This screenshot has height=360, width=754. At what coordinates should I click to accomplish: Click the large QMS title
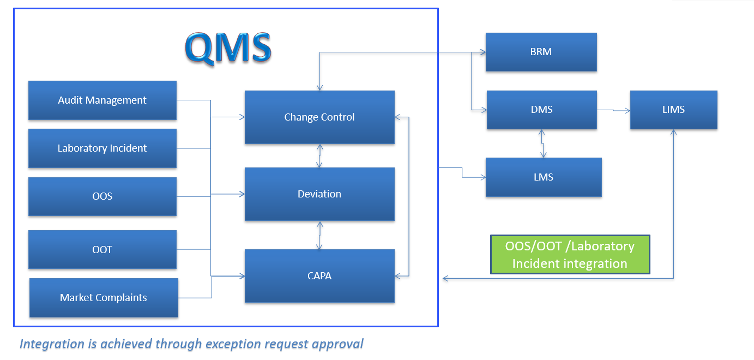point(228,47)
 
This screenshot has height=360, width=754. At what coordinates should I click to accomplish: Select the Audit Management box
point(102,100)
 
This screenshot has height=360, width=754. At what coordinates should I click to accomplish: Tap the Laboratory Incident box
point(102,148)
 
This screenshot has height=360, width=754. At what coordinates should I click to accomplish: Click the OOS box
point(102,196)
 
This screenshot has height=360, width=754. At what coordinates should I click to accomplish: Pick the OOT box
point(102,250)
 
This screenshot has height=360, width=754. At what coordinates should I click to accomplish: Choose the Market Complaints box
point(104,298)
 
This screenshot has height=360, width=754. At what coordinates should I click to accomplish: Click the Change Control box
point(319,117)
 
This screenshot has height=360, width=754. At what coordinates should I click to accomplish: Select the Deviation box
point(319,194)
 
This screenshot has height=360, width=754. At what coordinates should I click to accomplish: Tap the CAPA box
point(319,276)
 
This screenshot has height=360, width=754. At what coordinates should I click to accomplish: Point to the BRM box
point(541,52)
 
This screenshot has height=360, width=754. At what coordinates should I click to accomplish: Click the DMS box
point(541,110)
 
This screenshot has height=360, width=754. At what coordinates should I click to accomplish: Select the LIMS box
point(673,110)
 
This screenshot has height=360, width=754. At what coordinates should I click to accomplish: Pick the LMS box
point(544,177)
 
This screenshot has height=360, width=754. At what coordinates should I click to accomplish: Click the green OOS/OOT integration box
point(570,255)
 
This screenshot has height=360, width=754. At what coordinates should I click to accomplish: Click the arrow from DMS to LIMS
point(613,111)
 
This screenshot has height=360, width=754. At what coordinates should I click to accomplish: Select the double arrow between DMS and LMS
point(541,143)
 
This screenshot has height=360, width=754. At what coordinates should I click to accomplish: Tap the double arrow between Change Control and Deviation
point(320,156)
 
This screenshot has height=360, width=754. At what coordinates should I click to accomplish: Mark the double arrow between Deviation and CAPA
point(320,235)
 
